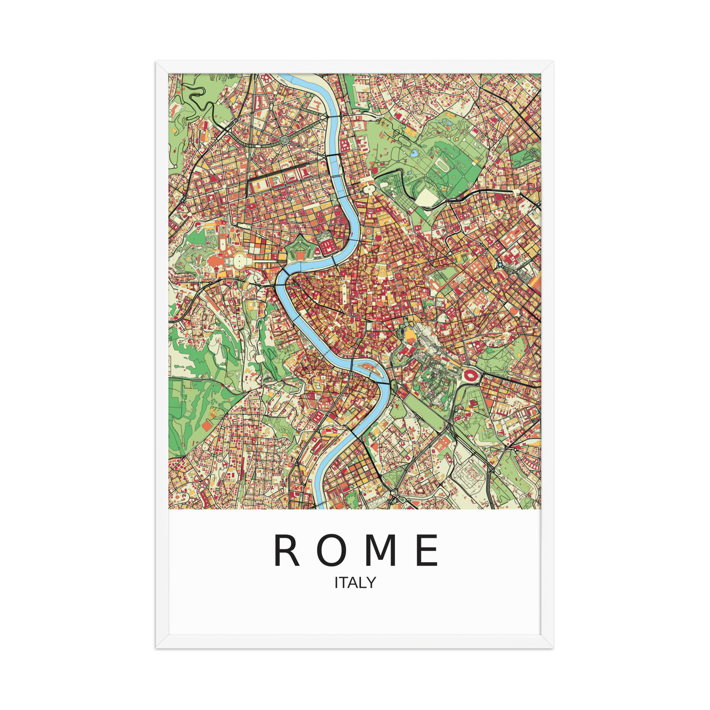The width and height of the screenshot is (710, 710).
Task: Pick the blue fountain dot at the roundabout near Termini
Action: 500,264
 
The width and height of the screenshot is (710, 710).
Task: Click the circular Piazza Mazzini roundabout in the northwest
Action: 284,140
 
